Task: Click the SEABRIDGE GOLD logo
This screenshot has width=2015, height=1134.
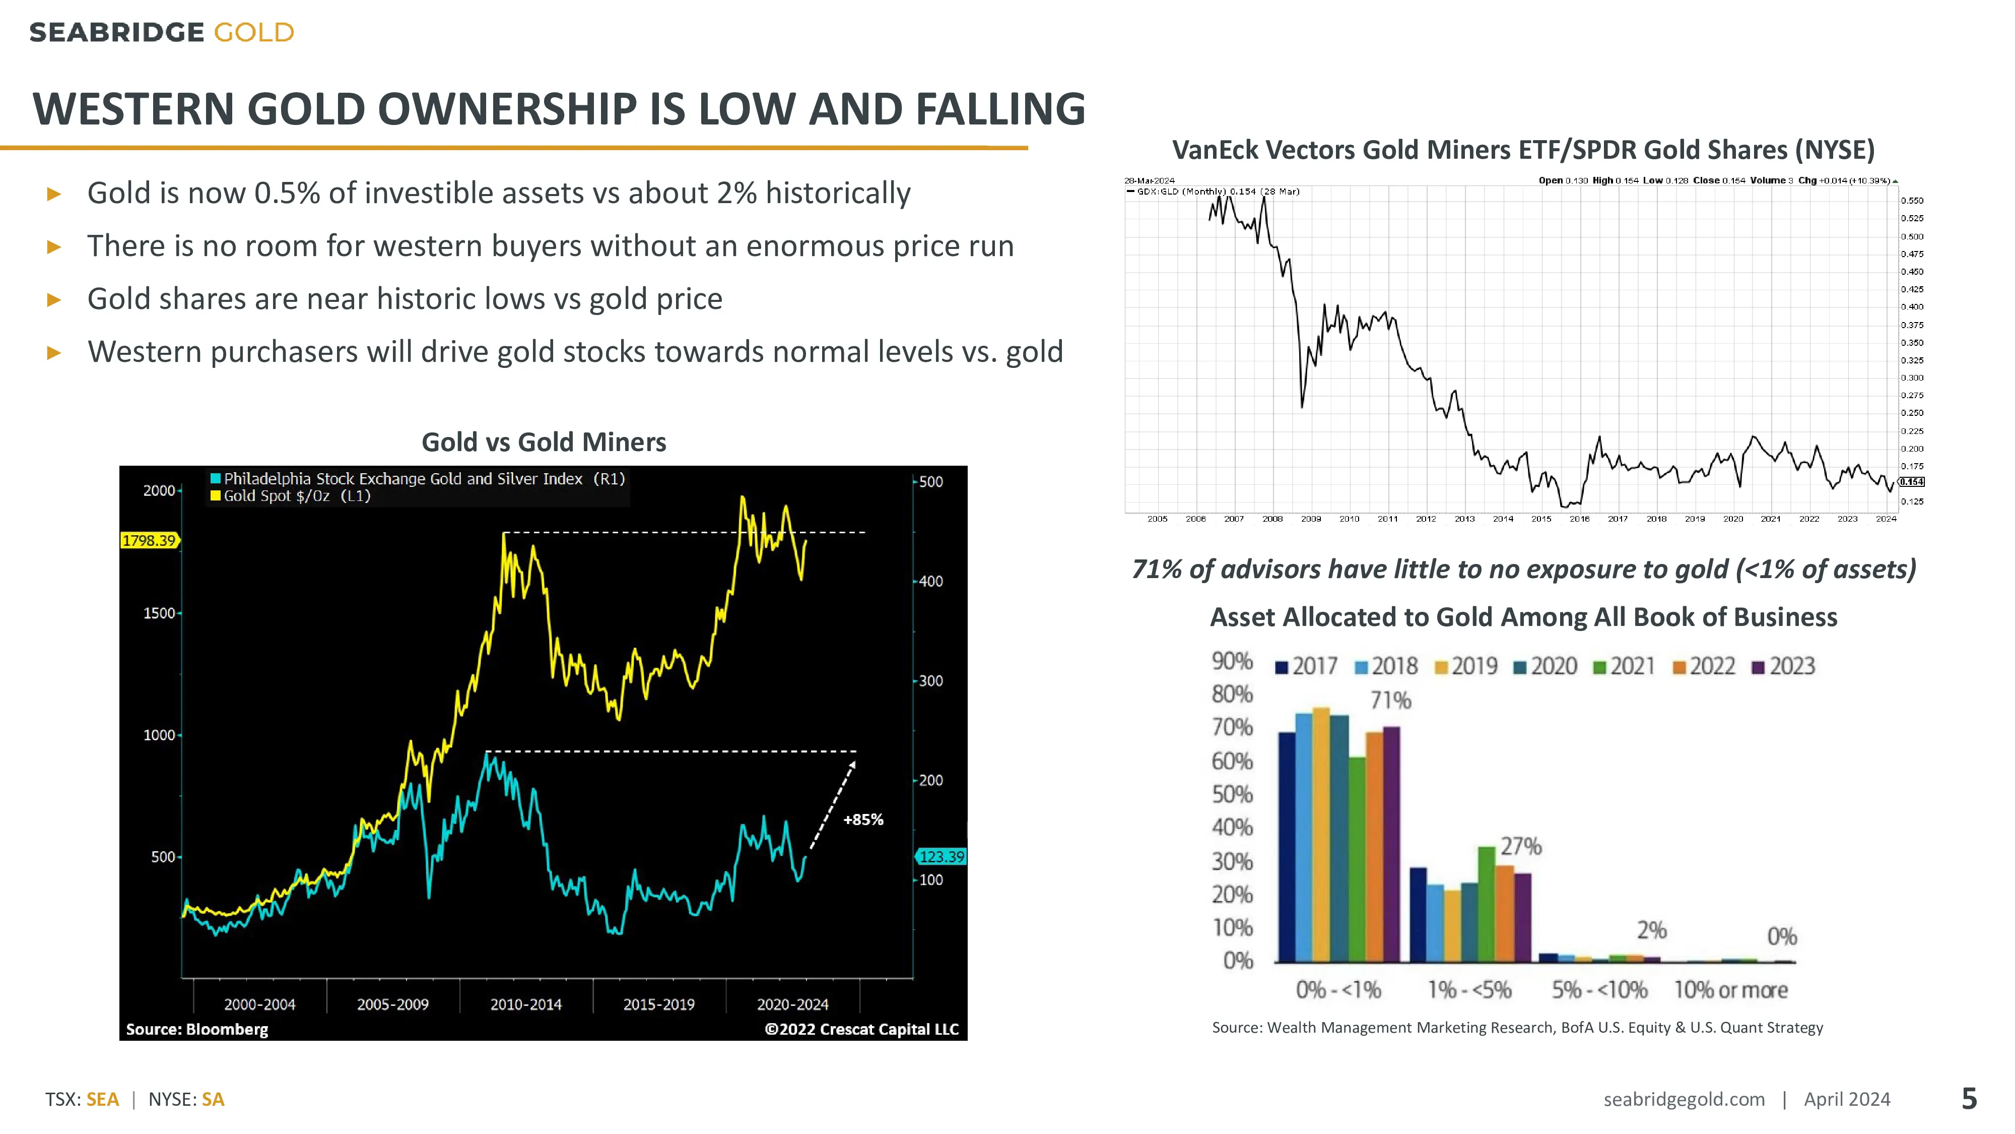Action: click(161, 33)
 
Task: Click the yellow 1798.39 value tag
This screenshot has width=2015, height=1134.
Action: click(149, 540)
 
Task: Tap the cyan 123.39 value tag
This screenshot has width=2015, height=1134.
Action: click(941, 856)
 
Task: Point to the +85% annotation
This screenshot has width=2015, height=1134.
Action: click(863, 820)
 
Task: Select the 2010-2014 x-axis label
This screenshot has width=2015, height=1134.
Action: click(525, 1004)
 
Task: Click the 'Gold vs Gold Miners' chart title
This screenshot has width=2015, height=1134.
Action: click(544, 442)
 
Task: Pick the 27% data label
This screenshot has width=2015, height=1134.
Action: click(1521, 846)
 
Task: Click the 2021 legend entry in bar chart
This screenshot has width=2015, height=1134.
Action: click(1624, 666)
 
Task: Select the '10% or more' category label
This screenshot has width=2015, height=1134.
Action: click(1730, 990)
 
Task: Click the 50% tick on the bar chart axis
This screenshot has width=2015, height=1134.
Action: click(1232, 794)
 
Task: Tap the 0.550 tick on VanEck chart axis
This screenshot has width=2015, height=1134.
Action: click(1912, 201)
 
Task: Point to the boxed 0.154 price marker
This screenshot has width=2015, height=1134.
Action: click(1912, 482)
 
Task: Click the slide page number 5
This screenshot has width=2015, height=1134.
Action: click(1969, 1099)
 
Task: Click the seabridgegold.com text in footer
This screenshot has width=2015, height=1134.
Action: click(1684, 1100)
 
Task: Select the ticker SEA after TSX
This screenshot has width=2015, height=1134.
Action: click(102, 1100)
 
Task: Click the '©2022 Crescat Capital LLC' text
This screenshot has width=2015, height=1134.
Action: click(861, 1029)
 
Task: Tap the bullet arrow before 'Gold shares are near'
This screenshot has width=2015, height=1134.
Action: click(54, 300)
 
